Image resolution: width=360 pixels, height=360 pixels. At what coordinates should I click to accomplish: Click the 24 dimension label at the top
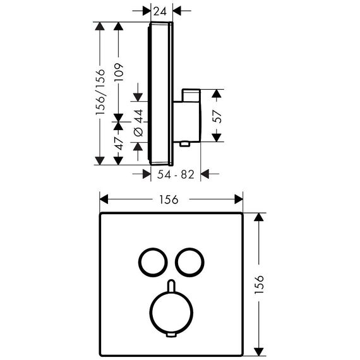tap(160, 11)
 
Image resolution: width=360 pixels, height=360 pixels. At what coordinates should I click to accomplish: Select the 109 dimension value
tap(119, 72)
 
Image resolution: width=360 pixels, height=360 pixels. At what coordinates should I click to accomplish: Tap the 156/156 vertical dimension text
tap(100, 92)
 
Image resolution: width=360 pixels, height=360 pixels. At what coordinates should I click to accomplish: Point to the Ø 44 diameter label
tap(138, 123)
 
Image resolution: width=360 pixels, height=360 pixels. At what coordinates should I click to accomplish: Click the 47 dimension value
tap(119, 143)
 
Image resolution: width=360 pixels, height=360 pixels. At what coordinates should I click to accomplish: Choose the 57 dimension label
tap(217, 117)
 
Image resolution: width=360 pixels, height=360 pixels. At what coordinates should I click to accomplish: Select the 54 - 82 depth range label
tap(176, 174)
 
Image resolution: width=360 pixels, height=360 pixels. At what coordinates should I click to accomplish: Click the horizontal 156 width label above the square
tap(169, 200)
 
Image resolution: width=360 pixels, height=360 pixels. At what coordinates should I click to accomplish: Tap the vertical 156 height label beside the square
tap(259, 284)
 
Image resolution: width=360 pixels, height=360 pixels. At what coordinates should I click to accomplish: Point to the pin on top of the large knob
tap(171, 285)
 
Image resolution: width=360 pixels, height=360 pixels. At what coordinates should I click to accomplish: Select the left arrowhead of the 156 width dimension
tap(104, 199)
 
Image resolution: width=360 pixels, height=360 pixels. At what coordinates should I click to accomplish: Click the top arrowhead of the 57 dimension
tap(216, 93)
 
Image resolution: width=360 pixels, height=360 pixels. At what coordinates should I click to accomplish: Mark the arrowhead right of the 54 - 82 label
tap(205, 174)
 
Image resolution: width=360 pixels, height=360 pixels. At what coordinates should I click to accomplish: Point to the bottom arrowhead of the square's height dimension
tap(259, 352)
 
